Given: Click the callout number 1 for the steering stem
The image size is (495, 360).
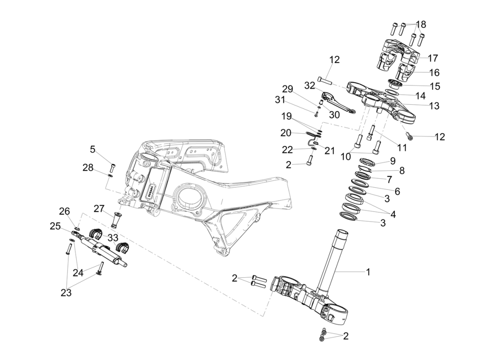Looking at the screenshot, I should click(368, 272).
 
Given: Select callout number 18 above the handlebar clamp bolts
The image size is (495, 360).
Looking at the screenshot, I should click(421, 24).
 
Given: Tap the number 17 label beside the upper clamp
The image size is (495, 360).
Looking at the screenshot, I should click(433, 58).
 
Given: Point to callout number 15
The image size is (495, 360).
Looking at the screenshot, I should click(435, 85).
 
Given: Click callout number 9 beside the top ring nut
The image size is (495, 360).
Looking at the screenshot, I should click(392, 161).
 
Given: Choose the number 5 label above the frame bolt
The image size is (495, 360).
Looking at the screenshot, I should click(93, 149).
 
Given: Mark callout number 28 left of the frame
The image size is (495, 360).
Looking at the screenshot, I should click(88, 167).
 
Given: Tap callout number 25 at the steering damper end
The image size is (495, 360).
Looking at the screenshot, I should click(55, 227).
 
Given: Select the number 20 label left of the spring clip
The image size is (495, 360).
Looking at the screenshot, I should click(286, 133).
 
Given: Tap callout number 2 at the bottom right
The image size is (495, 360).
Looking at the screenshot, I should click(346, 335).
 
